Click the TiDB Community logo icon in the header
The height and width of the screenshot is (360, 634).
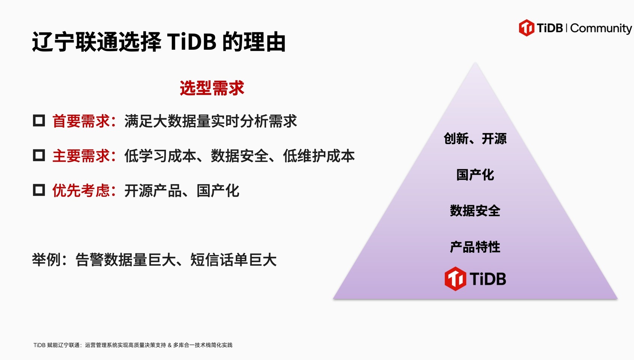point(527,28)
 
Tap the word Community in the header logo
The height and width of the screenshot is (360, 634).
point(601,28)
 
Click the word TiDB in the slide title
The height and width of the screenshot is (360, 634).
point(192,42)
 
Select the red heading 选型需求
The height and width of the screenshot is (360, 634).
point(212,88)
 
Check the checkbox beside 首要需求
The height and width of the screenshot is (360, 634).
point(39,120)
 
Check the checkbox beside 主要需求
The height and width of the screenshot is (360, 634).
point(39,155)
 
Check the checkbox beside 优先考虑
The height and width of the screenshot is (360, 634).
point(39,190)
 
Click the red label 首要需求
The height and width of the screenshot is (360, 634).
point(81,121)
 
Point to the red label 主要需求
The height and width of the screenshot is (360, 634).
point(81,156)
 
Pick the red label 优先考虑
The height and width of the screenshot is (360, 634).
point(81,190)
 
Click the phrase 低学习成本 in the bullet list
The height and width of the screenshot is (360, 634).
point(160,156)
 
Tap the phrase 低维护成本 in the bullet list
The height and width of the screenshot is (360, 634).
point(319,156)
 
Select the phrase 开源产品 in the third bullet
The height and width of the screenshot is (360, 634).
point(153,190)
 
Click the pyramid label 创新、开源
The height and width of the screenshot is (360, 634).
point(475,139)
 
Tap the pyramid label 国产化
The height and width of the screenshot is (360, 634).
point(475,175)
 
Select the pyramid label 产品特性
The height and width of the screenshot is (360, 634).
point(475,247)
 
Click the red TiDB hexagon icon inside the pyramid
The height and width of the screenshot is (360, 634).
point(455,279)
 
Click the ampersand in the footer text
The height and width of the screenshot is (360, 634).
point(170,345)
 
